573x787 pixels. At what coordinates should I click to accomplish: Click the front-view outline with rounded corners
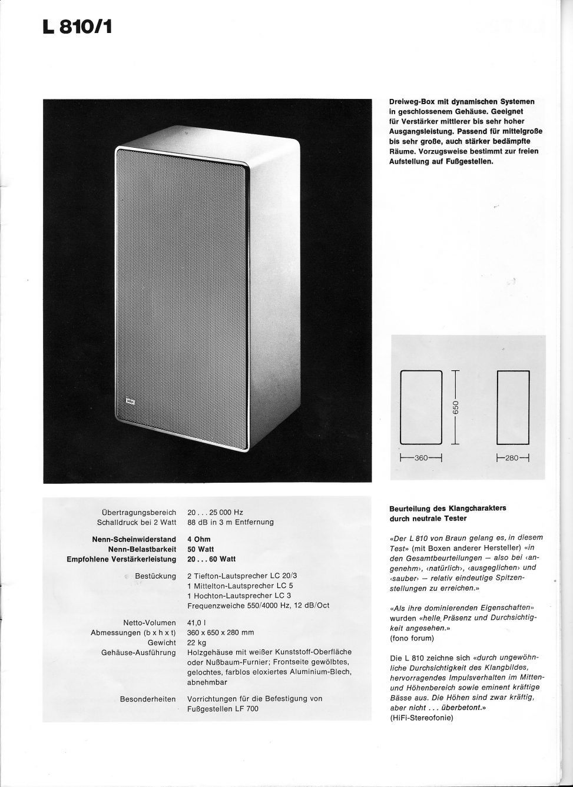421,407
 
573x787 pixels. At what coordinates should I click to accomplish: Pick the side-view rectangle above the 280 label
513,407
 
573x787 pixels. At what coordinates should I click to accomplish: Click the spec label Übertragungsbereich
139,513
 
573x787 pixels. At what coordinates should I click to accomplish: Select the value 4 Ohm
198,539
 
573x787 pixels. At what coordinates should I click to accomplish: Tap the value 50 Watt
201,549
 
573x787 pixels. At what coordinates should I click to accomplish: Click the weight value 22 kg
196,643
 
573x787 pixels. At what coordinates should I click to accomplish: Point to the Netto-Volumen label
149,623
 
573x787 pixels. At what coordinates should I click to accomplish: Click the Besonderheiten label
148,699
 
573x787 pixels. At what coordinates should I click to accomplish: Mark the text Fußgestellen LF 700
223,709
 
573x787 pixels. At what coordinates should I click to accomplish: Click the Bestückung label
155,576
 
